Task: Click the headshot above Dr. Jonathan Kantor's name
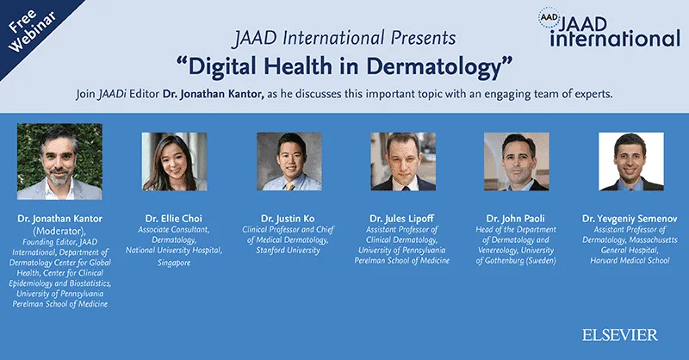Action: point(59,162)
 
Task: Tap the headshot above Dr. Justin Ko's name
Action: point(289,161)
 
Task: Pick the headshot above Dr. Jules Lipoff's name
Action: point(403,161)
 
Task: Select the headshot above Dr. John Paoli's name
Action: point(517,161)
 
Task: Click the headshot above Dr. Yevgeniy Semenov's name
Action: point(631,161)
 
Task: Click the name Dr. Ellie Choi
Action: point(175,219)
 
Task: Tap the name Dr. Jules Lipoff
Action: point(403,219)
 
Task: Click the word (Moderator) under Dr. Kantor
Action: point(59,230)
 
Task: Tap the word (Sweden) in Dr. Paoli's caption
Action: point(540,261)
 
